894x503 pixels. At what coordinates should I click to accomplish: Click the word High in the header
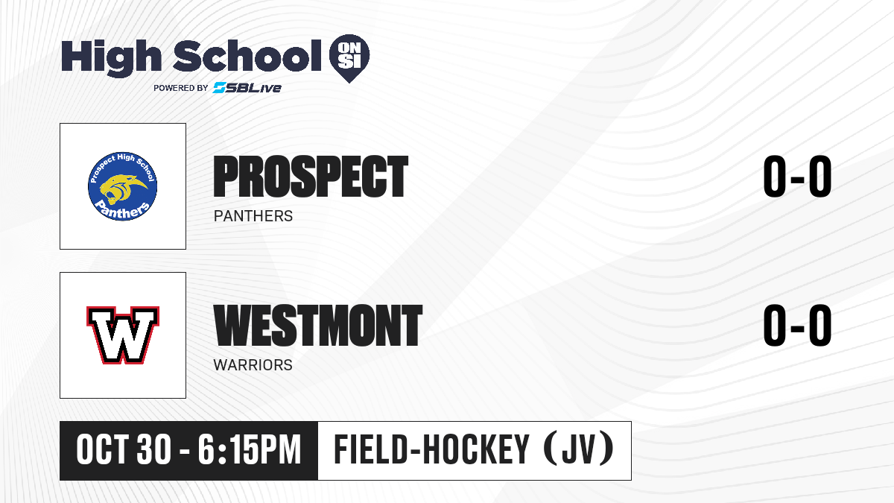[111, 57]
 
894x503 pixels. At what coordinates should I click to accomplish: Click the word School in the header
[247, 55]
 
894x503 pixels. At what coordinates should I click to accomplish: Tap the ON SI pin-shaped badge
[349, 58]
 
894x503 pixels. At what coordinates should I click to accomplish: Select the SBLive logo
[247, 87]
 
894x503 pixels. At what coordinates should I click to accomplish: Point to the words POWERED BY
[181, 88]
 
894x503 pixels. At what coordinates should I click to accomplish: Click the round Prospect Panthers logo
[122, 186]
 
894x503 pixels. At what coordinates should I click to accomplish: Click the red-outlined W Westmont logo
[123, 335]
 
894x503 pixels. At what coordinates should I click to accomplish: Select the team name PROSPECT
[311, 177]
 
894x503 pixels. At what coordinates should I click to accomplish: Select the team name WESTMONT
[317, 325]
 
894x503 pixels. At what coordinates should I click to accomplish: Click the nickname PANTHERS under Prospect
[253, 216]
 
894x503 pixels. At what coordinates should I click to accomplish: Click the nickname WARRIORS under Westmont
[253, 365]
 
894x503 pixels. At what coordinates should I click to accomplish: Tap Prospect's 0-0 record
[797, 177]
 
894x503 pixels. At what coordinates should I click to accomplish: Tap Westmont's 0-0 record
[797, 325]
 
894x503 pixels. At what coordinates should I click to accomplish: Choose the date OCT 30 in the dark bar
[124, 450]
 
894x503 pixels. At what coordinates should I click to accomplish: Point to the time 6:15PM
[250, 450]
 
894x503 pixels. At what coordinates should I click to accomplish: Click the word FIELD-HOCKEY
[431, 449]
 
